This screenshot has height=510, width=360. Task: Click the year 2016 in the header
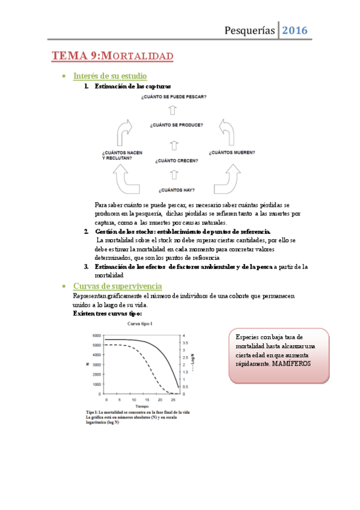[294, 29]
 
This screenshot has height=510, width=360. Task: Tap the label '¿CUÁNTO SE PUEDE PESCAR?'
[174, 96]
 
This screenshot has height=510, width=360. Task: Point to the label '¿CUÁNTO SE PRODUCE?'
[176, 126]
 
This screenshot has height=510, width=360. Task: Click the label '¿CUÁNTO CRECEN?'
[176, 161]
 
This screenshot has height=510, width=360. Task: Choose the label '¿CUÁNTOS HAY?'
[176, 190]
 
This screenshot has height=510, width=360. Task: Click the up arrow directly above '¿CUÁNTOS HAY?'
[174, 175]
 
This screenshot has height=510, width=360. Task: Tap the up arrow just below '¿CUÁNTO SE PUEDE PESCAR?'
[173, 110]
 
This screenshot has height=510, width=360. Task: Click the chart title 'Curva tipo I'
[142, 324]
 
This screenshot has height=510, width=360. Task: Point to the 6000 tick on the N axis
[96, 335]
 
